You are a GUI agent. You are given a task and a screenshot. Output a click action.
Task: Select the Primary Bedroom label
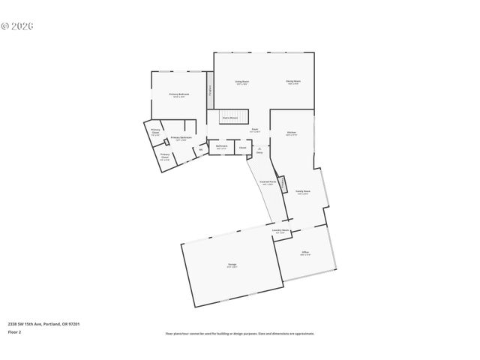pyautogui.click(x=179, y=94)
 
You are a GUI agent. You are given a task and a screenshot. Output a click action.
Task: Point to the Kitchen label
pyautogui.click(x=292, y=133)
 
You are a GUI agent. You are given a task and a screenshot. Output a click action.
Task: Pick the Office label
pyautogui.click(x=305, y=252)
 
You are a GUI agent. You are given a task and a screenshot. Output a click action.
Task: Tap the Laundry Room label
pyautogui.click(x=280, y=230)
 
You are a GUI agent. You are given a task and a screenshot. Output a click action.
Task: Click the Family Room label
pyautogui.click(x=303, y=192)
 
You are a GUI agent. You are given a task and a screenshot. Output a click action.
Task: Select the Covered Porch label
pyautogui.click(x=267, y=181)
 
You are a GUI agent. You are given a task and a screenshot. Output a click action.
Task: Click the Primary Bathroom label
pyautogui.click(x=181, y=137)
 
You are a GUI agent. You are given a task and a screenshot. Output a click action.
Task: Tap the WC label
pyautogui.click(x=200, y=149)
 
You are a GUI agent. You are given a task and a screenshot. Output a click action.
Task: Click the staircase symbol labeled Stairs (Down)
pyautogui.click(x=229, y=117)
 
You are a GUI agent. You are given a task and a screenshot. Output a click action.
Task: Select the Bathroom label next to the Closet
pyautogui.click(x=222, y=147)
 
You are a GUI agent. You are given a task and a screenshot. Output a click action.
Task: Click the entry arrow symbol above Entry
pyautogui.click(x=259, y=148)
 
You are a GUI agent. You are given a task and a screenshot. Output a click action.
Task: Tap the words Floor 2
pyautogui.click(x=14, y=331)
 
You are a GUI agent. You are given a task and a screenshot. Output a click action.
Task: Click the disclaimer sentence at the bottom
pyautogui.click(x=239, y=333)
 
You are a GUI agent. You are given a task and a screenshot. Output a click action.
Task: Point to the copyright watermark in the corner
pyautogui.click(x=18, y=26)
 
